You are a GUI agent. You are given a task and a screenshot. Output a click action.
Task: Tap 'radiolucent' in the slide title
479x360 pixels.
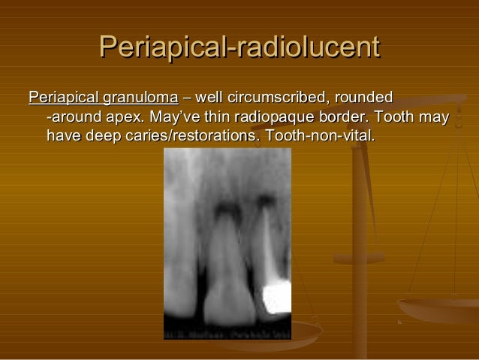coord(306,47)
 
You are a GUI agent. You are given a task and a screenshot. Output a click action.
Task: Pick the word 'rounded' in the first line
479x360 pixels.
coord(365,98)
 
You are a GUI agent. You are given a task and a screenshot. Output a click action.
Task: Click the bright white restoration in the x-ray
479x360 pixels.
coord(276,296)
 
